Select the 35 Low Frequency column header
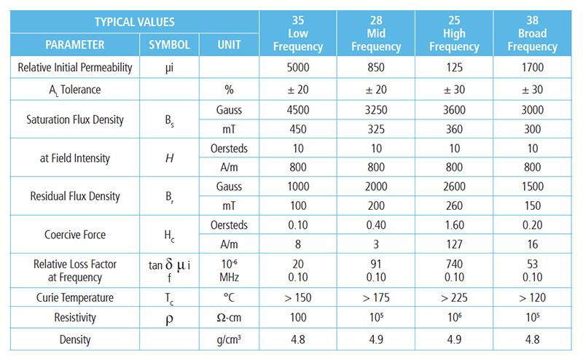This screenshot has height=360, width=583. (x=298, y=34)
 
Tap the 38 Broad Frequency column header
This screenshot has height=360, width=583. (x=533, y=34)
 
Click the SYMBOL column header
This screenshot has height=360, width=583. (x=170, y=45)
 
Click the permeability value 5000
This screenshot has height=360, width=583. (x=298, y=68)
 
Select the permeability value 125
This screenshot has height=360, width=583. (x=455, y=68)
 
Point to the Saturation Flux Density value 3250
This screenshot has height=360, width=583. (x=376, y=110)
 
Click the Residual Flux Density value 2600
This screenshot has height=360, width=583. (x=455, y=187)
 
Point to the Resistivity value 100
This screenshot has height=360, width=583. (x=298, y=318)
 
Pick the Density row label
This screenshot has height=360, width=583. (x=76, y=339)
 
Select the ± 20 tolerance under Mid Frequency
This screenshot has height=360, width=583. (x=376, y=89)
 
